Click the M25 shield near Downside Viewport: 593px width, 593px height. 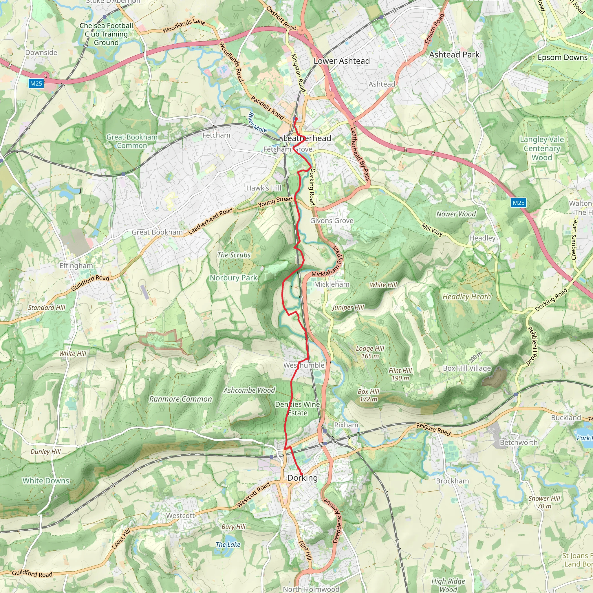pos(36,83)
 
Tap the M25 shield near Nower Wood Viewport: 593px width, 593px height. pos(518,203)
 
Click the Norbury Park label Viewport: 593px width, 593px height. pos(234,278)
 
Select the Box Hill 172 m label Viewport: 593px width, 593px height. pos(369,395)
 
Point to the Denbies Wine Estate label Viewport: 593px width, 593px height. pos(297,409)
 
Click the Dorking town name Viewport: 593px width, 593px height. pos(302,478)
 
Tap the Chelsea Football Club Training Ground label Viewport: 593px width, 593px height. pos(106,34)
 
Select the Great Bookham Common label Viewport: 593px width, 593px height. pos(132,141)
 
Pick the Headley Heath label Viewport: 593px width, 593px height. pos(466,296)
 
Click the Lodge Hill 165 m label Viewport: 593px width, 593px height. pos(370,352)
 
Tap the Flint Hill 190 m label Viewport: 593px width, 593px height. pos(400,374)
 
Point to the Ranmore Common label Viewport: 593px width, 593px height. pos(180,399)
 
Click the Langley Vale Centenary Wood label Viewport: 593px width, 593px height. pos(542,148)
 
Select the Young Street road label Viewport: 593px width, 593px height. pos(275,201)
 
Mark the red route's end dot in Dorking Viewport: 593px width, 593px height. pos(301,474)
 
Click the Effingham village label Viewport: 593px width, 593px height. pos(76,266)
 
